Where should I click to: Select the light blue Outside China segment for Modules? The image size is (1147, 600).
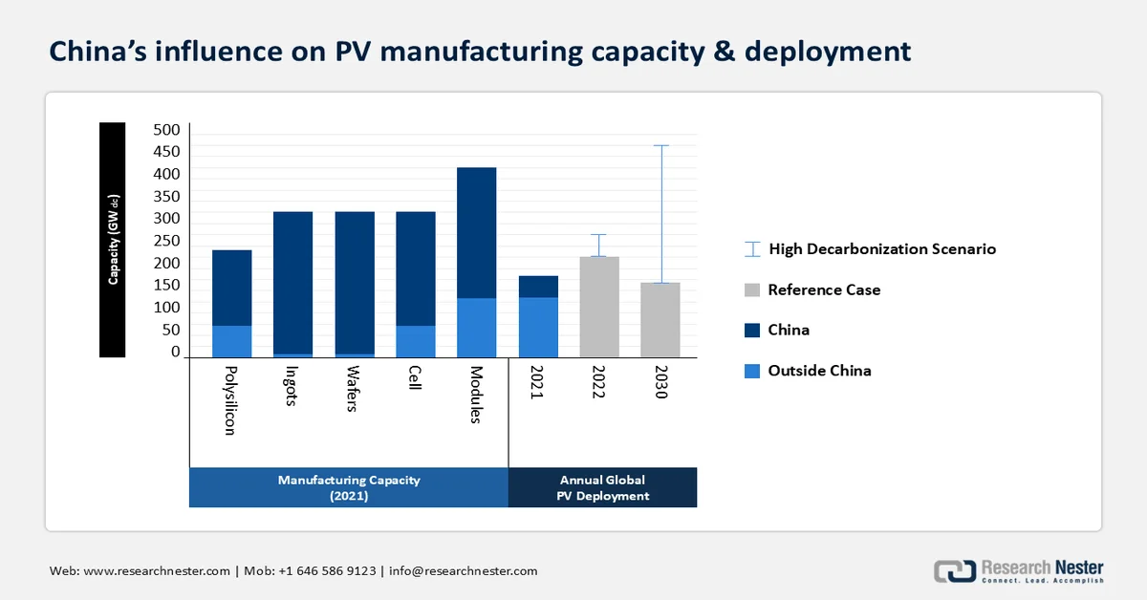coord(476,328)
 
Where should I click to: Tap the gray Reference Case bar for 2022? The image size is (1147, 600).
coord(599,307)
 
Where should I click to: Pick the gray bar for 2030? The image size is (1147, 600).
coord(660,320)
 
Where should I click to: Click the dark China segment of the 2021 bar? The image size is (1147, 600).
coord(538,287)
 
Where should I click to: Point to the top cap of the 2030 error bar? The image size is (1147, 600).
coord(660,145)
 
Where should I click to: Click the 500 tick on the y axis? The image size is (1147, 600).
coord(166,130)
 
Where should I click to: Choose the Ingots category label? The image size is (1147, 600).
coord(292,386)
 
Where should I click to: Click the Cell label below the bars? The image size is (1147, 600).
coord(415,381)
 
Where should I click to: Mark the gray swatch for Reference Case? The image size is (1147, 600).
coord(751,289)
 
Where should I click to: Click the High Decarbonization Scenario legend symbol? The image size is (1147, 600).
coord(751,249)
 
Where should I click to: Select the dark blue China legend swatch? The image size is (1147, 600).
coord(751,330)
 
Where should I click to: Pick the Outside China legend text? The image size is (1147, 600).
coord(819,371)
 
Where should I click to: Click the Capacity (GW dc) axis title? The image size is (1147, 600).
coord(113,240)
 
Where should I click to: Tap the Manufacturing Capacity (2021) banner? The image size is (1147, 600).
coord(349,487)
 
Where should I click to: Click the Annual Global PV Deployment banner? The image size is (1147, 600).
coord(602,487)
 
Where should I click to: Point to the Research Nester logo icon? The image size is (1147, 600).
coord(954,570)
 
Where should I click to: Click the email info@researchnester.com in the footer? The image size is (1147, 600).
coord(463,571)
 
